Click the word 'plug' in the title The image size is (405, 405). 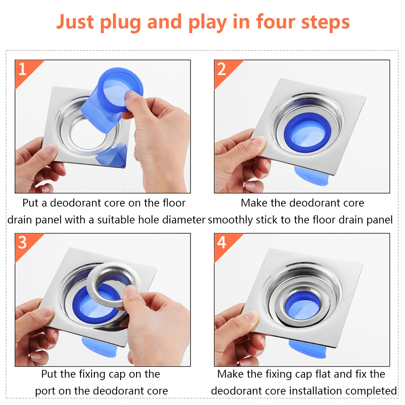(120, 23)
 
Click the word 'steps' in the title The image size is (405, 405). (326, 23)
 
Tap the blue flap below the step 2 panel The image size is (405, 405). (311, 176)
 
